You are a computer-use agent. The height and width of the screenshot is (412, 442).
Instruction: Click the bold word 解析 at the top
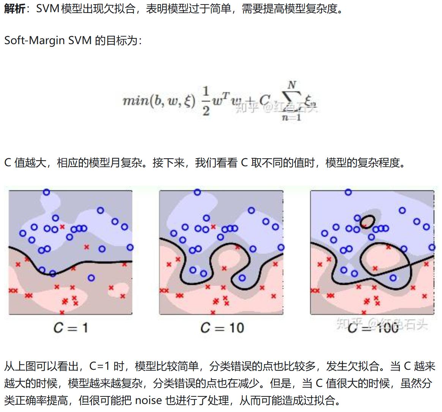coord(14,8)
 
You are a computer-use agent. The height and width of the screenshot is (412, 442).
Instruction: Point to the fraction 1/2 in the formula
coord(205,100)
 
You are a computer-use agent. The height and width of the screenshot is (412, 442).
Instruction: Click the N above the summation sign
coord(292,84)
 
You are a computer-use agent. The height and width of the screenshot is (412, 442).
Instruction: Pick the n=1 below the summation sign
coord(291,117)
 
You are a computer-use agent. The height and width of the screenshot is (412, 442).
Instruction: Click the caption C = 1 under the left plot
coord(71,328)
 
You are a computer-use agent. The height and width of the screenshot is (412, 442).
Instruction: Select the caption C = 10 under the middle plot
coord(222,328)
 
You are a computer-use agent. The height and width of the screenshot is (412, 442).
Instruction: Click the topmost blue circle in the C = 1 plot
coord(46,192)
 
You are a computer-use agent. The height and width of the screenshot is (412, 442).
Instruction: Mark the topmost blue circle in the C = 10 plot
coord(197,192)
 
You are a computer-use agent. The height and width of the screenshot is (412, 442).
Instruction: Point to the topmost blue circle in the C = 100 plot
coord(348,192)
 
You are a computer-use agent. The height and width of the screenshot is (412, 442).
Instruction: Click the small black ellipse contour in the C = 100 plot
coord(367,220)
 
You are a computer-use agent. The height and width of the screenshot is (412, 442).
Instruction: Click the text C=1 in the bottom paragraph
coord(99,366)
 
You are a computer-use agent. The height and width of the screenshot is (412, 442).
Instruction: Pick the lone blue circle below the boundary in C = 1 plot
coord(91,278)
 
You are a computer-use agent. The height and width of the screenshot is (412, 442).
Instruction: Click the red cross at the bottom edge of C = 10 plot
coord(213,312)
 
